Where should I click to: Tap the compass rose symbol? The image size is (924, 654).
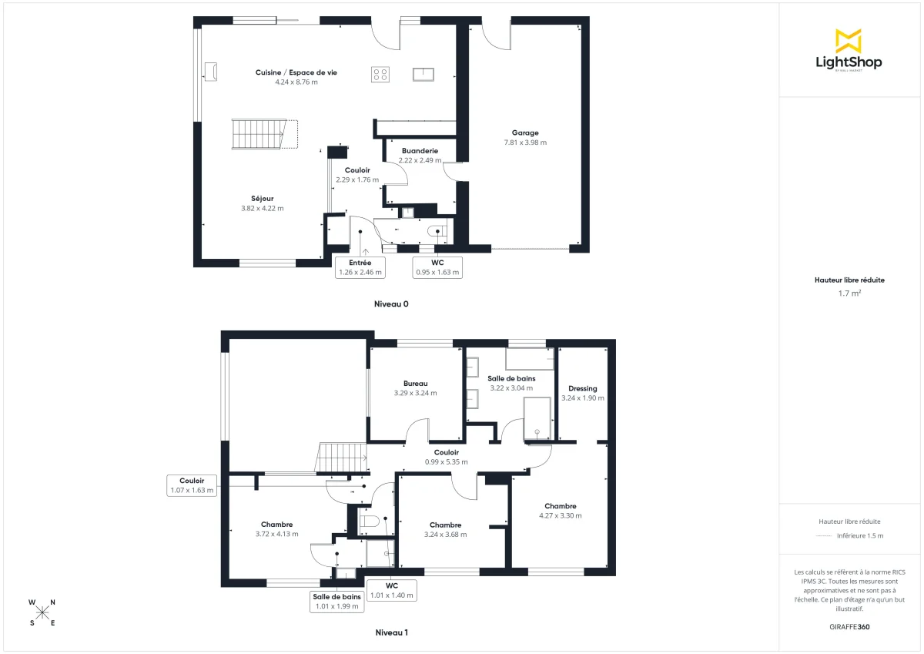pyautogui.click(x=42, y=612)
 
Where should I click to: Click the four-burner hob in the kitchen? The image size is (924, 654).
pyautogui.click(x=380, y=74)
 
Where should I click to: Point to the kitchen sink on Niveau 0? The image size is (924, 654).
pyautogui.click(x=423, y=74)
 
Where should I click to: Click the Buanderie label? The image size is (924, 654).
pyautogui.click(x=420, y=151)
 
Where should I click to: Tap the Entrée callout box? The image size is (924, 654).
pyautogui.click(x=360, y=267)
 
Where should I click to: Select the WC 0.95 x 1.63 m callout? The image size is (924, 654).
pyautogui.click(x=437, y=267)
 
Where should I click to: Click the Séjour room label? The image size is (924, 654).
pyautogui.click(x=262, y=198)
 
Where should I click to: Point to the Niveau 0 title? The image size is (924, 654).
pyautogui.click(x=391, y=304)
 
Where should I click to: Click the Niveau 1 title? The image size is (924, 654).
pyautogui.click(x=391, y=632)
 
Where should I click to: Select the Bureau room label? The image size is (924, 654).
pyautogui.click(x=415, y=383)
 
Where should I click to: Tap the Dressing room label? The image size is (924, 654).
pyautogui.click(x=582, y=388)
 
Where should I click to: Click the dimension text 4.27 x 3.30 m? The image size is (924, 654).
pyautogui.click(x=560, y=516)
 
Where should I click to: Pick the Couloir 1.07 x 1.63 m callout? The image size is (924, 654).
pyautogui.click(x=192, y=485)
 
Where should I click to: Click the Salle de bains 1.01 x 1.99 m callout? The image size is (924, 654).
pyautogui.click(x=336, y=601)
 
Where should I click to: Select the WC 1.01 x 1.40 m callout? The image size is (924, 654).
pyautogui.click(x=391, y=590)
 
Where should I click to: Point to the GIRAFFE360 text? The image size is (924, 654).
pyautogui.click(x=849, y=627)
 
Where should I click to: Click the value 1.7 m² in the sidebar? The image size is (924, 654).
pyautogui.click(x=849, y=293)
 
